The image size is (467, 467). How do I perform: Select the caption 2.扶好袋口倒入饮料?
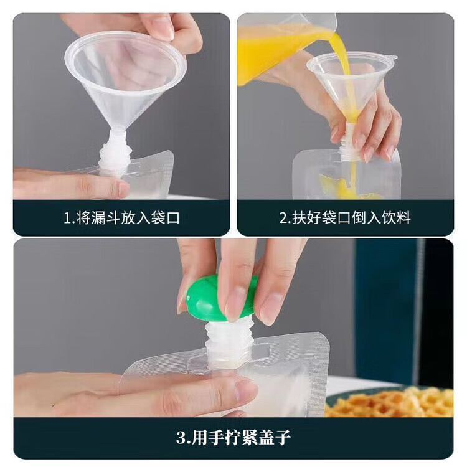coord(345,218)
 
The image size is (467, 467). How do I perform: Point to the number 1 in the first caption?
coord(67,218)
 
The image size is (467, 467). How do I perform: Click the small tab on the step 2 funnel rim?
coord(391,58)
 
